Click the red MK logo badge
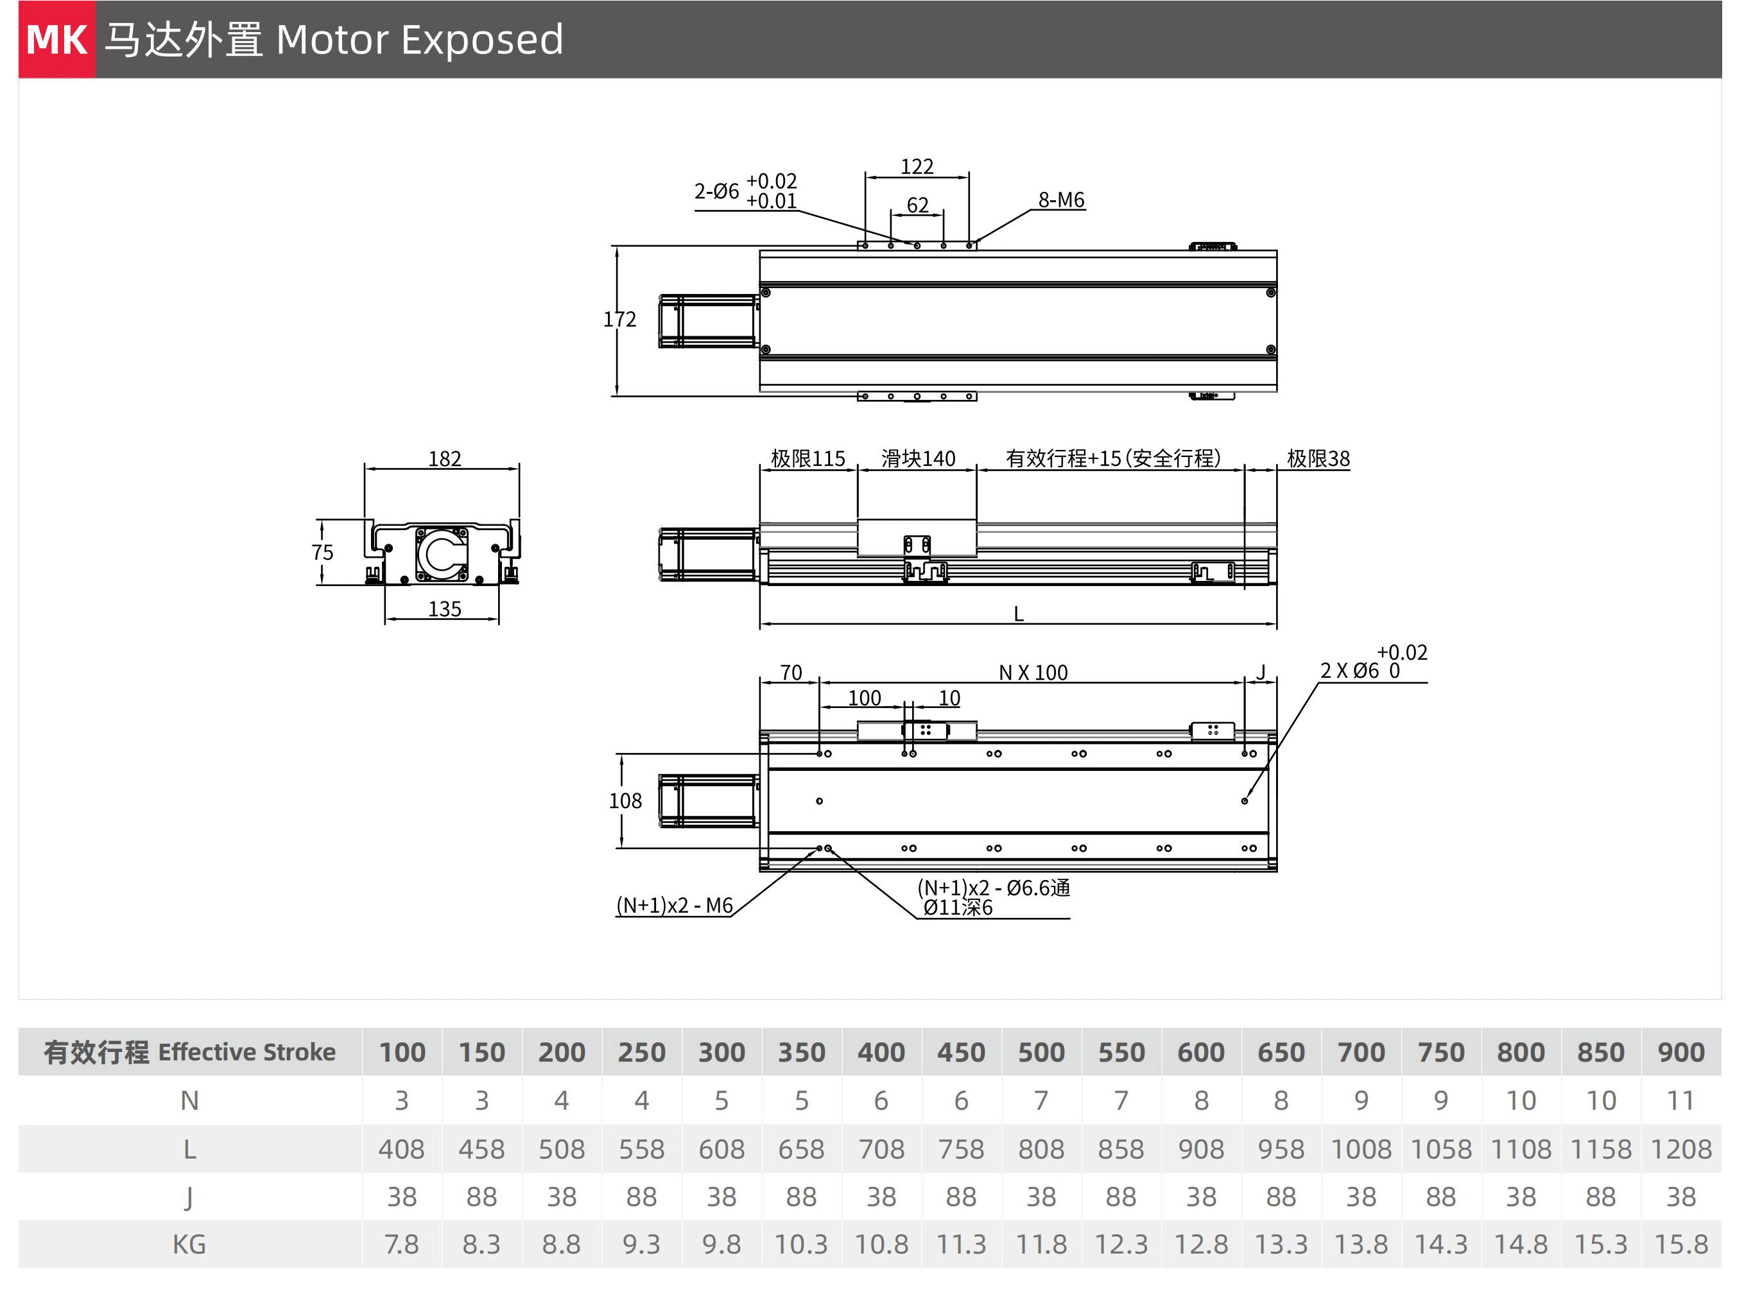tap(56, 39)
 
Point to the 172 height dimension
tap(619, 320)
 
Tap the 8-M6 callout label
tap(1061, 200)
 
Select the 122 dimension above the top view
tap(917, 166)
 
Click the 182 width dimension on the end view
tap(444, 458)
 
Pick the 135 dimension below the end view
tap(444, 608)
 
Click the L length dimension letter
tap(1018, 614)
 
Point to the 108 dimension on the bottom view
tap(625, 800)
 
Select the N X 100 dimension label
tap(1033, 672)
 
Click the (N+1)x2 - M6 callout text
tap(675, 906)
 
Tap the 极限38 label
tap(1318, 458)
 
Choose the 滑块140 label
tap(918, 458)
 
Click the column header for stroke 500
tap(1041, 1052)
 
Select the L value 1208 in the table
tap(1681, 1149)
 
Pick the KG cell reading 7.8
tap(402, 1244)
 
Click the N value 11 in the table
tap(1681, 1101)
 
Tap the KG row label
tap(189, 1244)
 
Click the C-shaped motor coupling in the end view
tap(429, 554)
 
